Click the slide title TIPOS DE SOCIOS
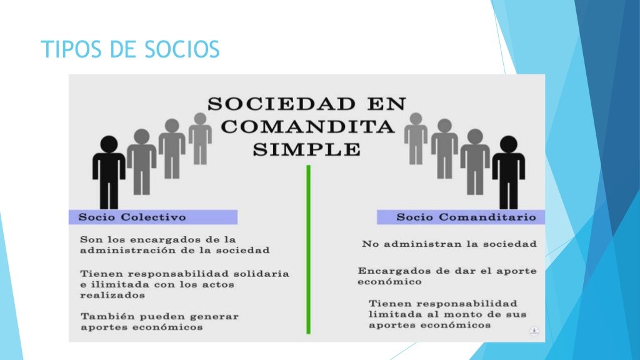click(130, 49)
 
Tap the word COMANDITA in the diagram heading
click(307, 127)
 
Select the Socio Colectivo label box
click(154, 217)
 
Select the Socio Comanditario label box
click(460, 217)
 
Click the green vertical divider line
click(308, 250)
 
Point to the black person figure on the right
click(508, 172)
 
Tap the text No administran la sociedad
click(449, 244)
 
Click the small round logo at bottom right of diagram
click(534, 331)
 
